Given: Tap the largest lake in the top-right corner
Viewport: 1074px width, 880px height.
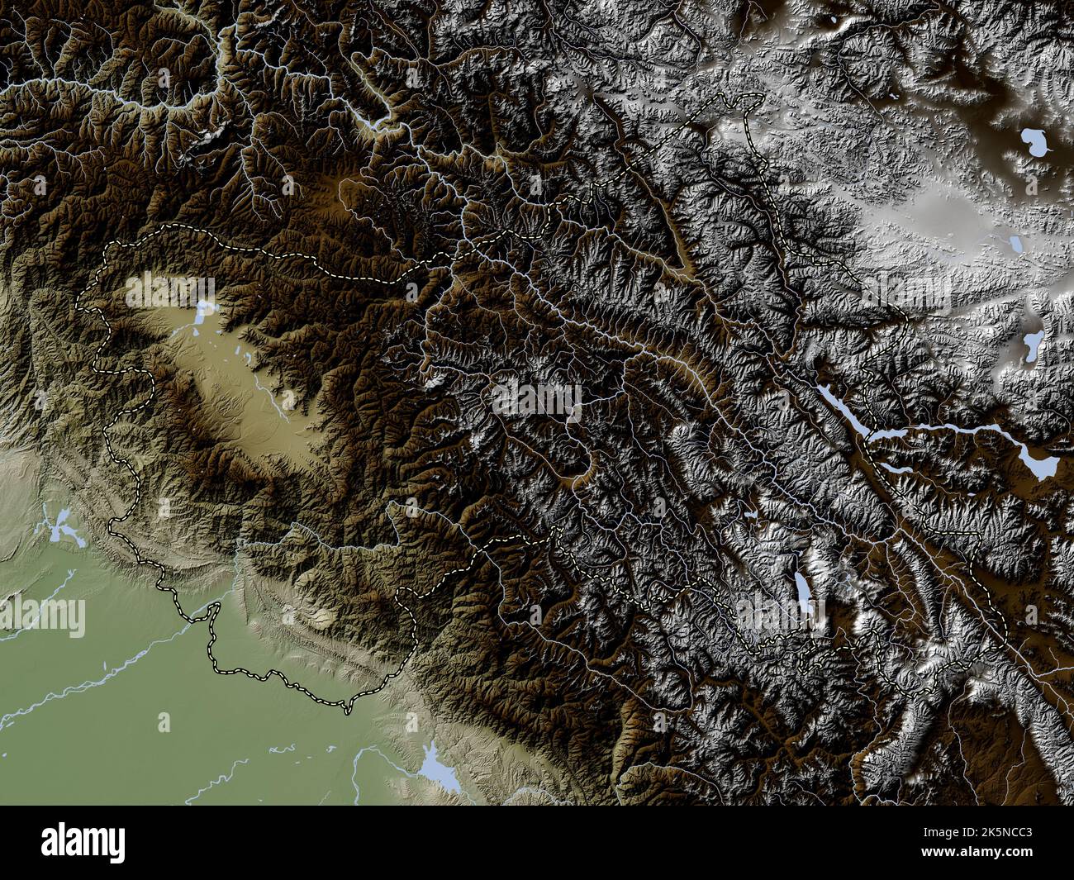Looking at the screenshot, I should [1031, 142].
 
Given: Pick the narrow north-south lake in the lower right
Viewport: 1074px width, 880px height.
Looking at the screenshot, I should [803, 589].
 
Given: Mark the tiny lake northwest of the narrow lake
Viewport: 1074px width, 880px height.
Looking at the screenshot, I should [750, 516].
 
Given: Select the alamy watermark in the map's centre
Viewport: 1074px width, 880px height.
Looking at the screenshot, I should [537, 401].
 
